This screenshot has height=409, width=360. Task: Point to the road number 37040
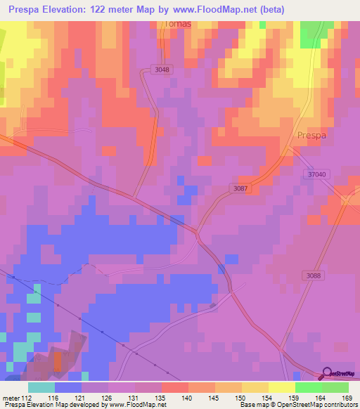tap(318, 175)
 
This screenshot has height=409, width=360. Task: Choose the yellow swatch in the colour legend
tap(281, 387)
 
